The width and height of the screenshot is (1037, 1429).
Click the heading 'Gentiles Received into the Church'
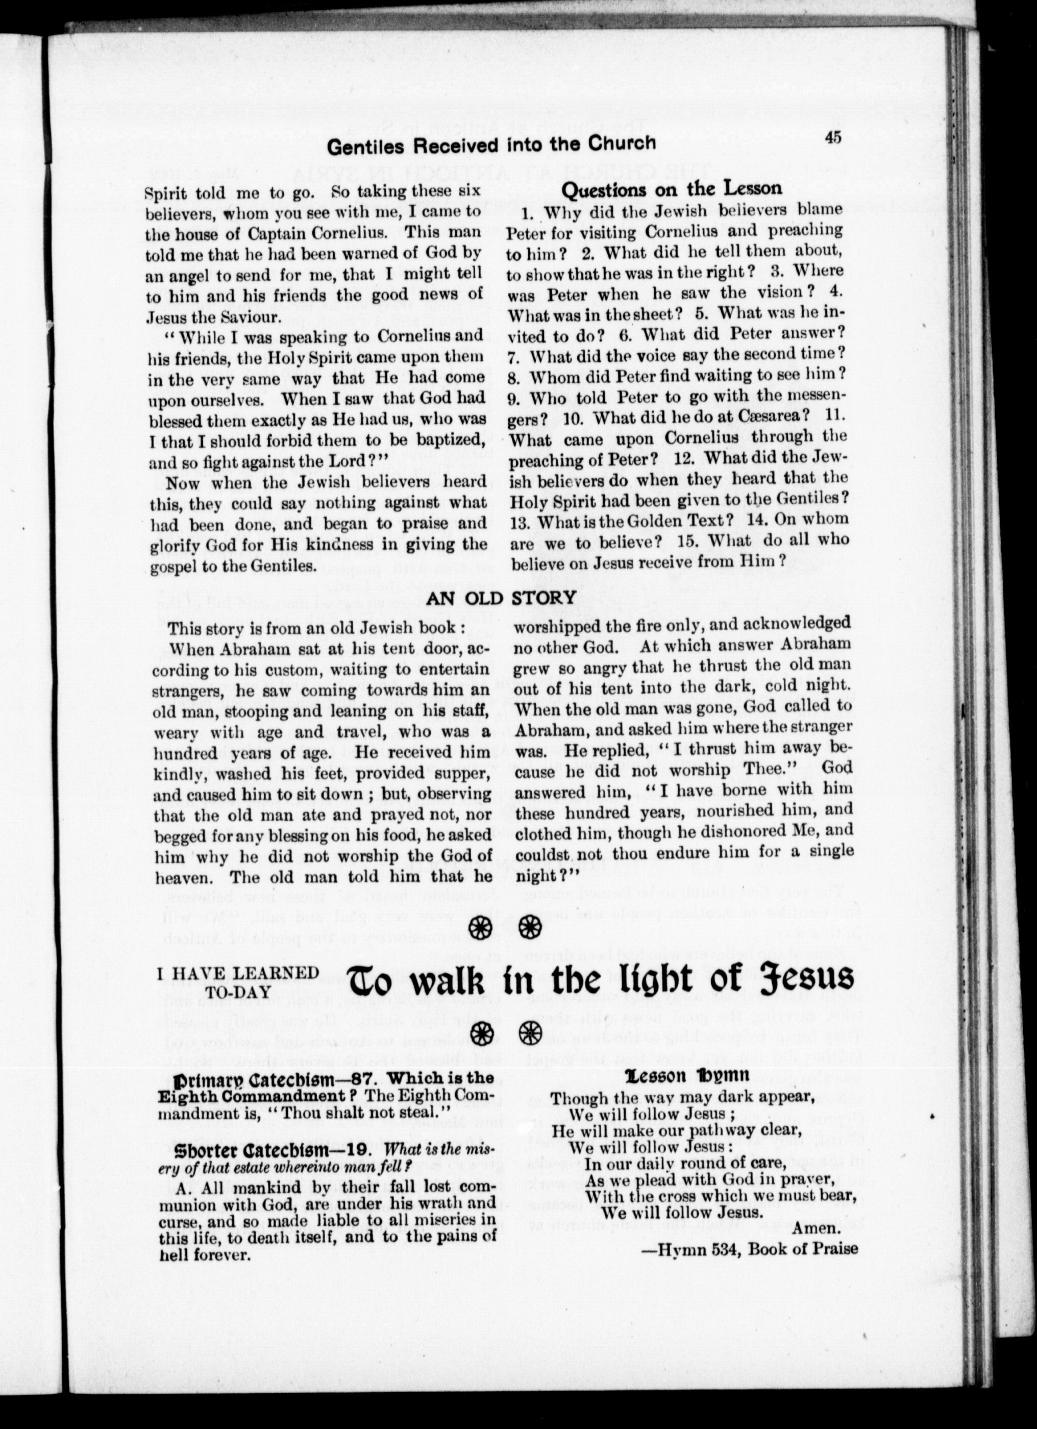click(491, 145)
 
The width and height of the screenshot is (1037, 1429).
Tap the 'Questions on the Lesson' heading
click(671, 188)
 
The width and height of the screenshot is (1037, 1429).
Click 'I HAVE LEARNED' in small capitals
click(237, 973)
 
